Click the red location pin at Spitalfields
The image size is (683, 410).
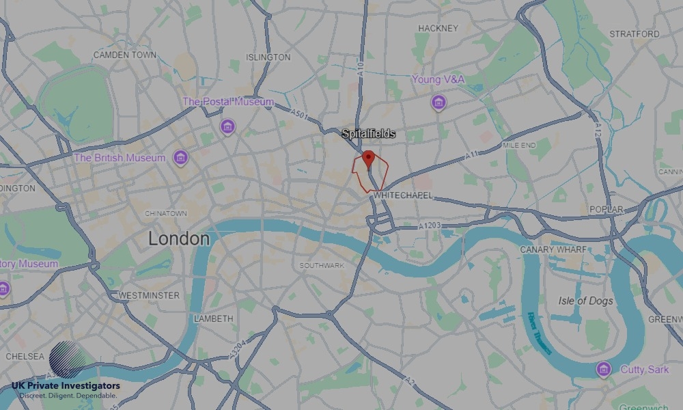coord(368,159)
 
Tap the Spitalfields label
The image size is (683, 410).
coord(369,134)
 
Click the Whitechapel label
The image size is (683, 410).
coord(403,195)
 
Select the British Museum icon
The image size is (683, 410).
coord(180,159)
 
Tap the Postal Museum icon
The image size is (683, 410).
coord(227,126)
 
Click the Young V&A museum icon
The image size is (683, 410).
coord(438,102)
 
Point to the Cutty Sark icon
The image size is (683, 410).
coord(603,370)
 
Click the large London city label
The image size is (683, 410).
coord(179,238)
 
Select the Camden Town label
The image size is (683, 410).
coord(124,54)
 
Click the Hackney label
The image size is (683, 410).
coord(438,28)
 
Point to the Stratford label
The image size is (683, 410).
coord(634,33)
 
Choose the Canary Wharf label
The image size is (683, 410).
coord(553,250)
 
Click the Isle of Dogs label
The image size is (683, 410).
coord(585,301)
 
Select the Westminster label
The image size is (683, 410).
coord(149,295)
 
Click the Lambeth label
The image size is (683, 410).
coord(213,318)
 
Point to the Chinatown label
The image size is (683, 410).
coord(165,213)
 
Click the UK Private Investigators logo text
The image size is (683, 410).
coord(66,386)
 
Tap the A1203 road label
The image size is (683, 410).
coord(430,225)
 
